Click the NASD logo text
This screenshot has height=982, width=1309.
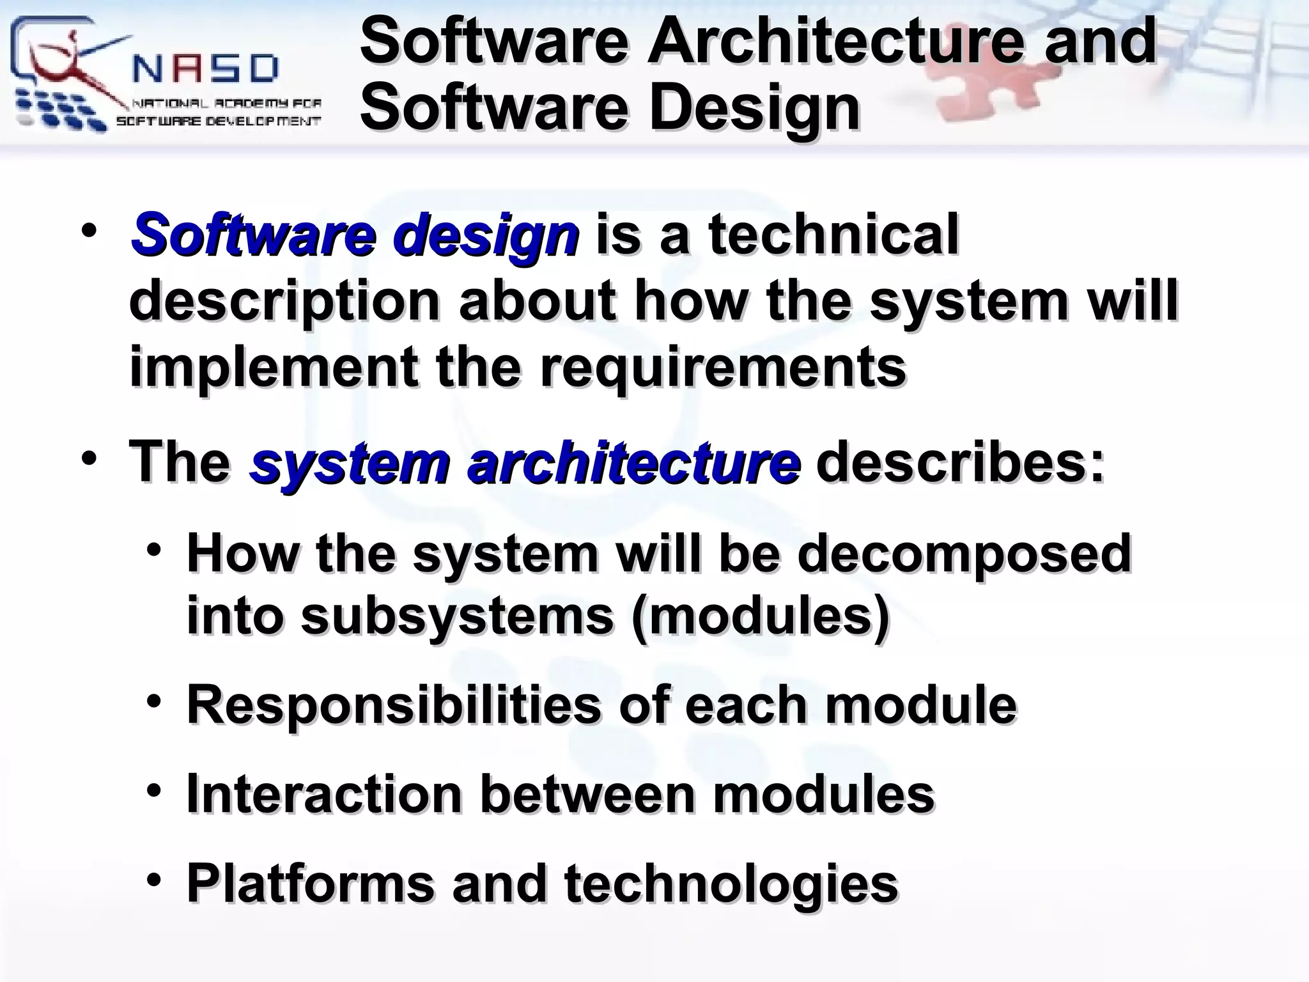pyautogui.click(x=206, y=68)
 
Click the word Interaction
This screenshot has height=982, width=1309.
pyautogui.click(x=325, y=794)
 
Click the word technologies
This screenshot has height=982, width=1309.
pyautogui.click(x=731, y=884)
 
